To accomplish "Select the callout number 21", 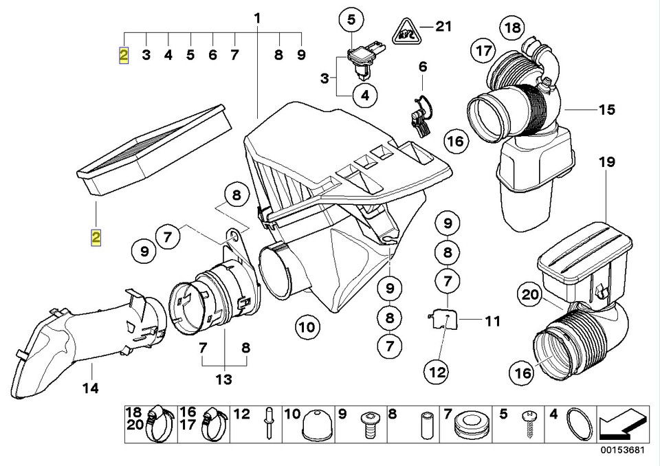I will (443, 27).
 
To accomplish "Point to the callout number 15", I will (606, 109).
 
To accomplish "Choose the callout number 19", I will (605, 163).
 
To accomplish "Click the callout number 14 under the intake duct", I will (90, 389).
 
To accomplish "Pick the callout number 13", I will (223, 379).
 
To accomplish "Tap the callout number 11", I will (492, 320).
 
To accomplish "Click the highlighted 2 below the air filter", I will (96, 238).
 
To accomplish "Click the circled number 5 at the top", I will (351, 21).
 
